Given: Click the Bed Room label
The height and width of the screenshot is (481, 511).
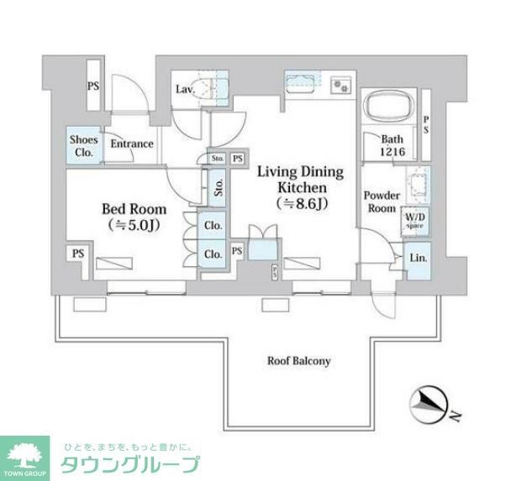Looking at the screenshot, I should [134, 209].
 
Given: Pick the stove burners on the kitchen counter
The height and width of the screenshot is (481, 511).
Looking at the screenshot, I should [340, 86].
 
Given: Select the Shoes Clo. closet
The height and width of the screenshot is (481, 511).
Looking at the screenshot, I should [82, 147].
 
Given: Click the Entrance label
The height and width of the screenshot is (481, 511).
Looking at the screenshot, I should [132, 144].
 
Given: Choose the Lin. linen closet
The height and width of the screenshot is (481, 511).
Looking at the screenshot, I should [418, 259].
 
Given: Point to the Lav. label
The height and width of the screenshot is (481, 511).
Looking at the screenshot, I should [185, 89].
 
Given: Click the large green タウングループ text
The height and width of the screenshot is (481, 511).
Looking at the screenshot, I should [129, 464].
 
